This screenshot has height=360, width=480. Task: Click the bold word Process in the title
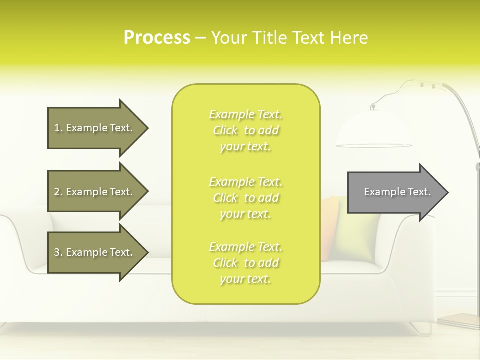click(157, 38)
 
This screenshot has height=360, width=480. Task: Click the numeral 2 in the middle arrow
click(57, 192)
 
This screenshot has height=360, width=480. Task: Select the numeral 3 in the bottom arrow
click(57, 252)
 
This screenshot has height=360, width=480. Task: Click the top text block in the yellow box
click(246, 130)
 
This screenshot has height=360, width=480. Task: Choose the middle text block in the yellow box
click(246, 198)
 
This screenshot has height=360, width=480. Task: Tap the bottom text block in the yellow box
click(246, 263)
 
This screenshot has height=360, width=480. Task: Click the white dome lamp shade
click(373, 129)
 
